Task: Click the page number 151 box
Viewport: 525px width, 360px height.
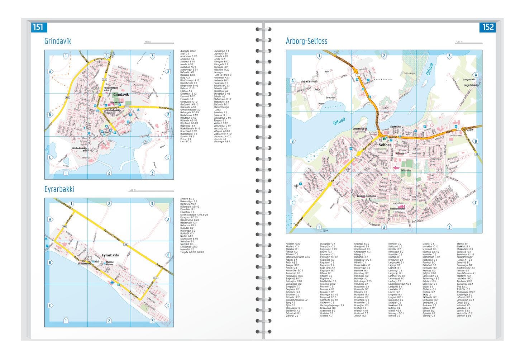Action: click(38, 27)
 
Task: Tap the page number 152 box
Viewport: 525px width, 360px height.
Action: click(488, 27)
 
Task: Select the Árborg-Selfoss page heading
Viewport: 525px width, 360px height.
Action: click(306, 41)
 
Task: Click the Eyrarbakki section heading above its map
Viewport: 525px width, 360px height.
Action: click(59, 189)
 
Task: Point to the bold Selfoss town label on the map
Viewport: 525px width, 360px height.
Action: click(385, 145)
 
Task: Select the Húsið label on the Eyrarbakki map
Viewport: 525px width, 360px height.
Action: click(97, 262)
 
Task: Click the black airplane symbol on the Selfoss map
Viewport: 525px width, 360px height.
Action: click(296, 186)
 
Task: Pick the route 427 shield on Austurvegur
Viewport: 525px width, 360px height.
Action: click(127, 106)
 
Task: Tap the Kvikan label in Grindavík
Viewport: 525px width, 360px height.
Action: click(106, 132)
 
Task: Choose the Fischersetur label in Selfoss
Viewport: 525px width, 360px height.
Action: click(397, 127)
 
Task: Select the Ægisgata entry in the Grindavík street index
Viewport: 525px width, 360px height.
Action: click(188, 51)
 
